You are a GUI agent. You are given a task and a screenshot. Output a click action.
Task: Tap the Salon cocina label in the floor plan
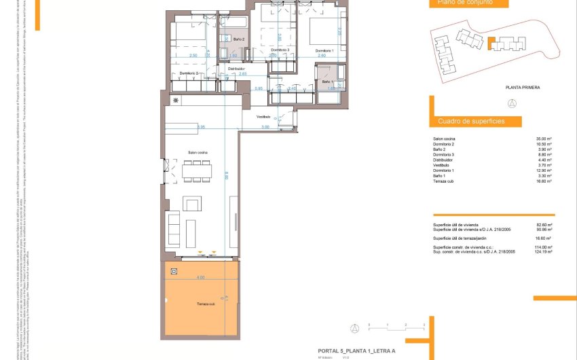[x=198, y=153]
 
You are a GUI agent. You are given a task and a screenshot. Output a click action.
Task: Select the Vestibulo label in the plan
[x=263, y=117]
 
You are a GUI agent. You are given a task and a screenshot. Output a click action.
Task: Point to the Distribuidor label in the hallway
[x=236, y=69]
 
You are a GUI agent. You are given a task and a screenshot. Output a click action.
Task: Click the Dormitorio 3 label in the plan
[x=280, y=51]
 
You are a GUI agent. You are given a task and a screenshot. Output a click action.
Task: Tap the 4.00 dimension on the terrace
[x=200, y=278]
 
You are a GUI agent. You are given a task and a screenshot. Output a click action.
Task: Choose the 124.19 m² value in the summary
[x=543, y=252]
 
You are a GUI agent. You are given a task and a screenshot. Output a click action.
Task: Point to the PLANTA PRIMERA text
[x=522, y=88]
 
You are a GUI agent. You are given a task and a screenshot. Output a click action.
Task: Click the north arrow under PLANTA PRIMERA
[x=512, y=103]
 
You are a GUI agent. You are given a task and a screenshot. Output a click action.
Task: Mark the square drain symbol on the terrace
[x=174, y=272]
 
